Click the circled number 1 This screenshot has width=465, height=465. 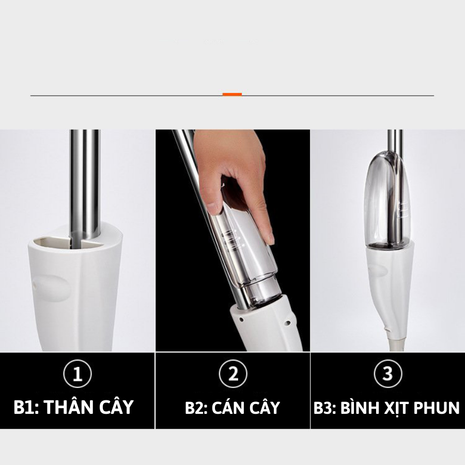pos(78,374)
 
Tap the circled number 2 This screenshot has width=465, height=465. pos(233,374)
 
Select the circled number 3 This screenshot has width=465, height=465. pos(388,374)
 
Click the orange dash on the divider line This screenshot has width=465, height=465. pos(232,95)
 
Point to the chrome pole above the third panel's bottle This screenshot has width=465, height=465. pos(395,141)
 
